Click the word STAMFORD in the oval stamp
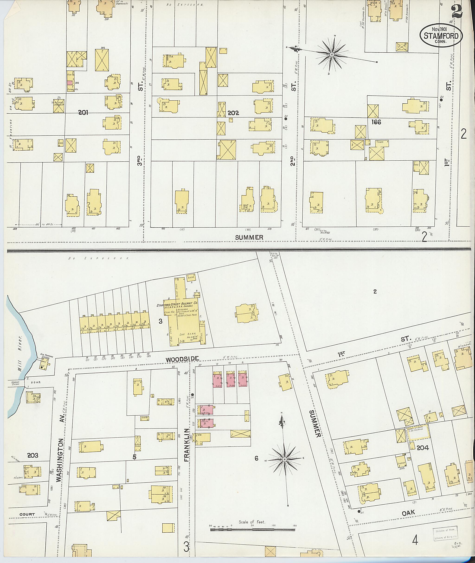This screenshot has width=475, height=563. (441, 35)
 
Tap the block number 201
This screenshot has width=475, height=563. (83, 113)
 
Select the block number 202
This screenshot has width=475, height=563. (233, 113)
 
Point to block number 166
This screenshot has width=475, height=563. (376, 122)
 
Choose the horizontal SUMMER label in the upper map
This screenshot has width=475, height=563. (249, 237)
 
